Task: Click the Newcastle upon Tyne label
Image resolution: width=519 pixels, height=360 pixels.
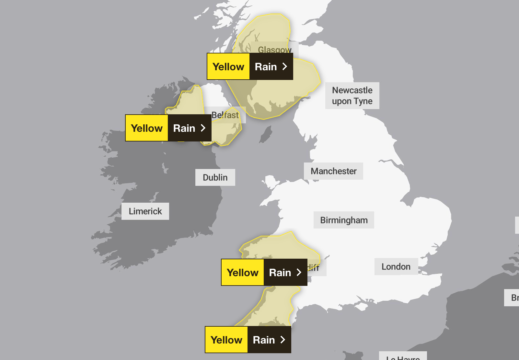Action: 352,96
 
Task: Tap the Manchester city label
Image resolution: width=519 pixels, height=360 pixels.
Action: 333,171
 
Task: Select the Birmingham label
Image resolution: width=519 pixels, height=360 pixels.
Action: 344,220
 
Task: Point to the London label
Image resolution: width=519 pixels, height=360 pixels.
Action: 396,266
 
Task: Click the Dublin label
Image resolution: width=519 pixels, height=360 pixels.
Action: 215,177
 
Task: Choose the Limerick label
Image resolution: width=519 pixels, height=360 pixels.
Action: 145,211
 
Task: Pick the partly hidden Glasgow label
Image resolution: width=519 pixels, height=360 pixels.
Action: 274,49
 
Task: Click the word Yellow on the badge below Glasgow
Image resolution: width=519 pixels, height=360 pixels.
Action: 228,67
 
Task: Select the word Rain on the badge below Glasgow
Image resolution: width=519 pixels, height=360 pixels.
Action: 266,67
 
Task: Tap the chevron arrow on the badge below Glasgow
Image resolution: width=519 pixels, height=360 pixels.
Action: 285,66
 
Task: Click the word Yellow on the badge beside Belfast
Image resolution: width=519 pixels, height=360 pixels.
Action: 147,128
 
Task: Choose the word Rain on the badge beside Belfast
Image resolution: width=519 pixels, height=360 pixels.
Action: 184,128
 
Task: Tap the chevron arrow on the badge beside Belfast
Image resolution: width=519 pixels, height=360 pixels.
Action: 203,128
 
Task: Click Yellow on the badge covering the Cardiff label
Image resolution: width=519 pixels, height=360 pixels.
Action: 243,273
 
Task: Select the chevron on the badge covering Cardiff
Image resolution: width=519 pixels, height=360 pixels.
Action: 299,272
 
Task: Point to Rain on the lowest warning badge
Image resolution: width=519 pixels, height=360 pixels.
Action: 264,340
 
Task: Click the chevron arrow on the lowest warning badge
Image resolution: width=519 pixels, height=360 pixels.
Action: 283,340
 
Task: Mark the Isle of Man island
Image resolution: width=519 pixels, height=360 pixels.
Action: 266,135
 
